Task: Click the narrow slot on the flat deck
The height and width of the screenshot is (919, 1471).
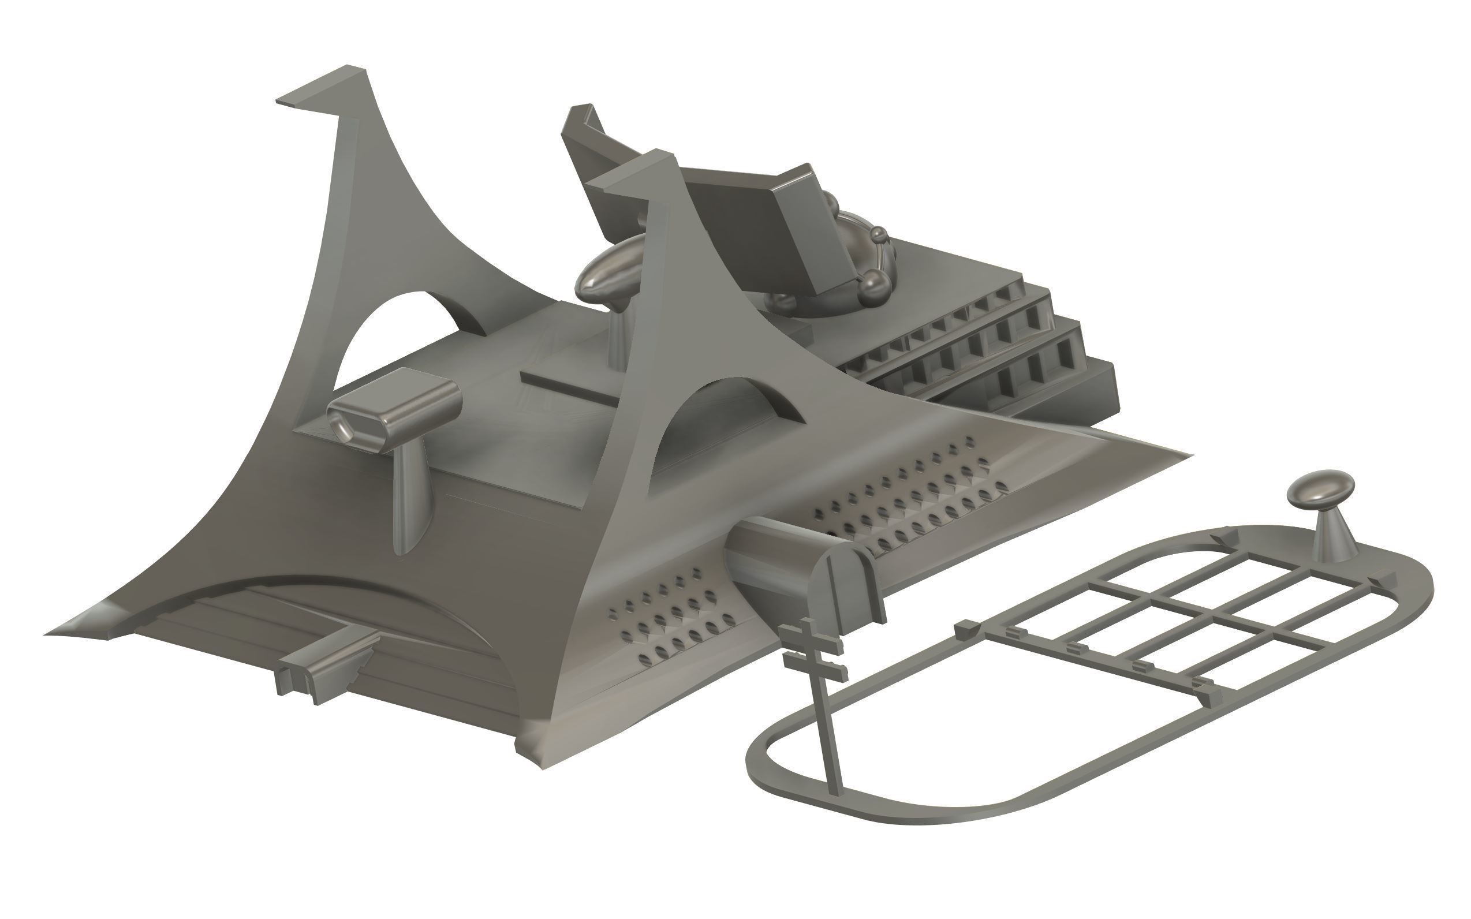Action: [568, 390]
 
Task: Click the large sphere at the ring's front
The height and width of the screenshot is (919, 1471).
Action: [873, 283]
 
